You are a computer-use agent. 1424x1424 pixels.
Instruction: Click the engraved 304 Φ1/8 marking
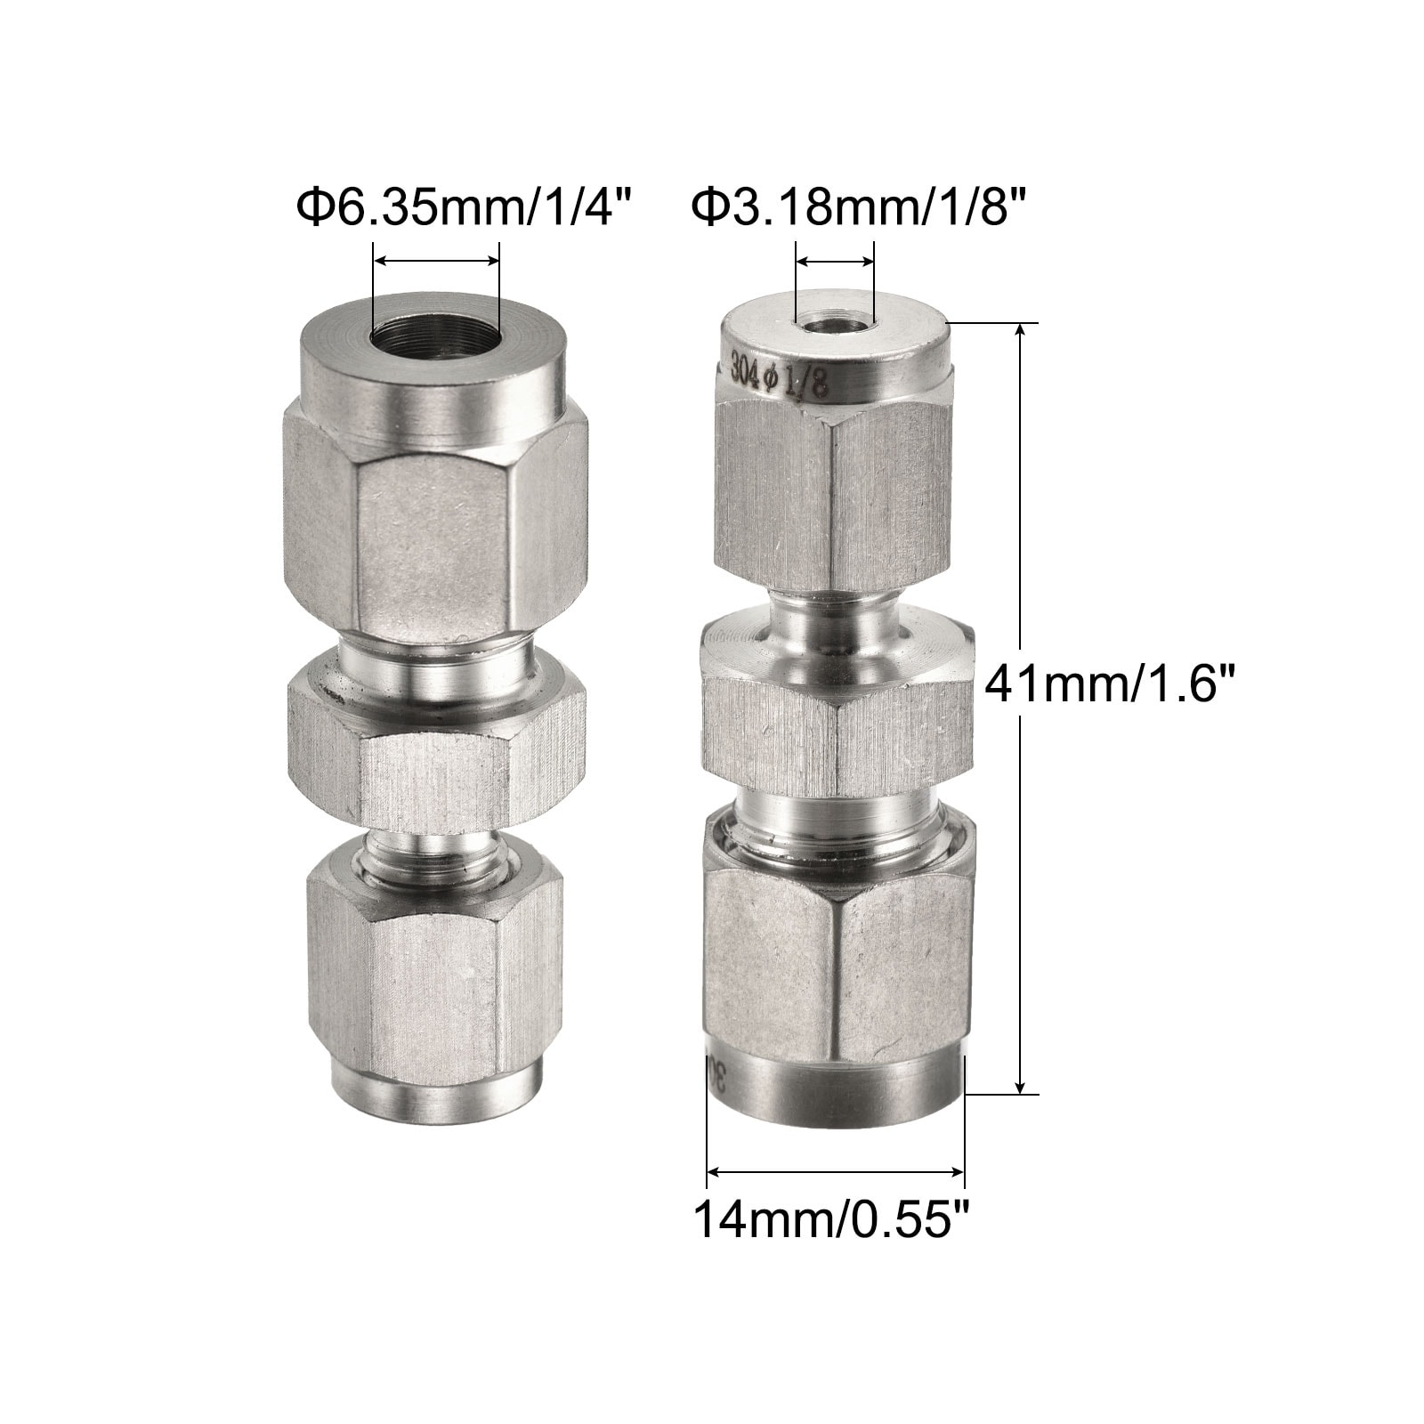[x=780, y=374]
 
